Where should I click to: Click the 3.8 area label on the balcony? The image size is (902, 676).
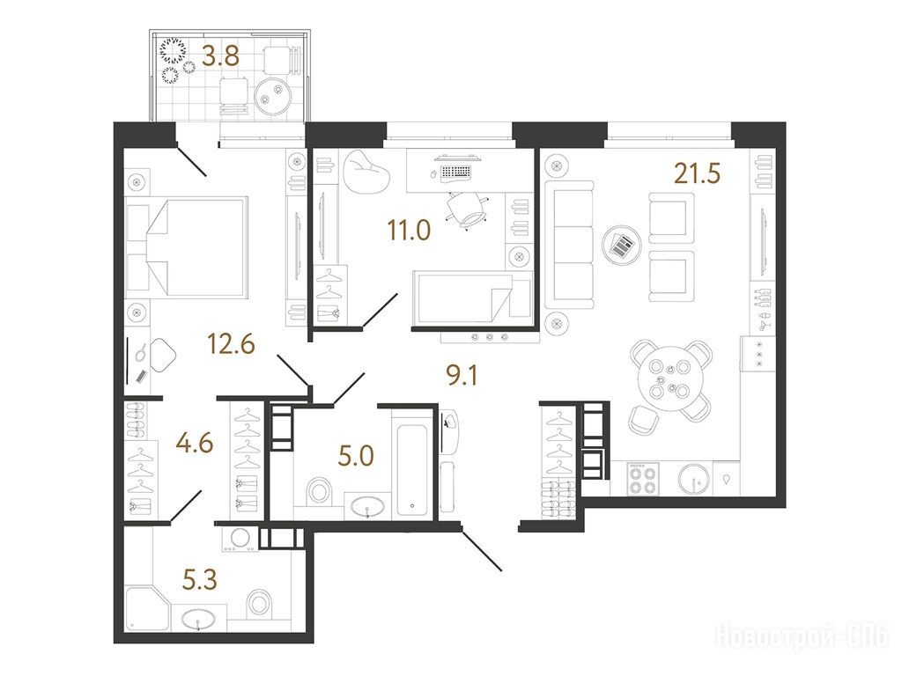tap(221, 57)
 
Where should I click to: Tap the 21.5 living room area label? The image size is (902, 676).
tap(697, 173)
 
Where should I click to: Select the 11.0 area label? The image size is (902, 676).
tap(409, 230)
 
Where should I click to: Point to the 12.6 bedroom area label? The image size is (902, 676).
tap(231, 344)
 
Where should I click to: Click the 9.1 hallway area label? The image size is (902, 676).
tap(462, 376)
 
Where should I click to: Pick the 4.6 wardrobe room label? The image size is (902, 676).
tap(195, 444)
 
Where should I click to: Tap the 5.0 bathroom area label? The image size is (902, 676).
tap(356, 457)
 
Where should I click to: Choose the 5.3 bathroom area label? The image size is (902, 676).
tap(200, 580)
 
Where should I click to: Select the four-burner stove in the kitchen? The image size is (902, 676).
tap(643, 480)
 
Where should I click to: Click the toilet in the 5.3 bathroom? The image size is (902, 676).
tap(259, 603)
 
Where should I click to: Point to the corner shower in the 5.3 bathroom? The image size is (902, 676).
tap(146, 609)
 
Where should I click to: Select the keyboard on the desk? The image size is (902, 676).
tap(455, 172)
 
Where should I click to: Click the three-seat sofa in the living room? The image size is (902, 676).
tap(569, 246)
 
